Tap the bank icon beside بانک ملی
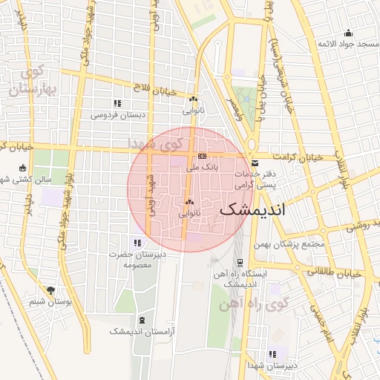(x=202, y=157)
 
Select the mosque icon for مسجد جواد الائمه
(x=349, y=32)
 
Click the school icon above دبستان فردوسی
(x=117, y=103)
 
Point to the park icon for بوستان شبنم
(x=50, y=290)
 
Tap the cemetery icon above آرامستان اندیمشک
(x=141, y=320)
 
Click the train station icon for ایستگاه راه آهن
(x=239, y=263)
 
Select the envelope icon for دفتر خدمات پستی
(x=255, y=163)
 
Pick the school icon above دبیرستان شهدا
(x=273, y=354)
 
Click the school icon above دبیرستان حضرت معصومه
(x=135, y=242)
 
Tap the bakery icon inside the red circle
(x=189, y=203)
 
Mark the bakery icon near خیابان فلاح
(x=194, y=99)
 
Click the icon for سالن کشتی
(x=23, y=167)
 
